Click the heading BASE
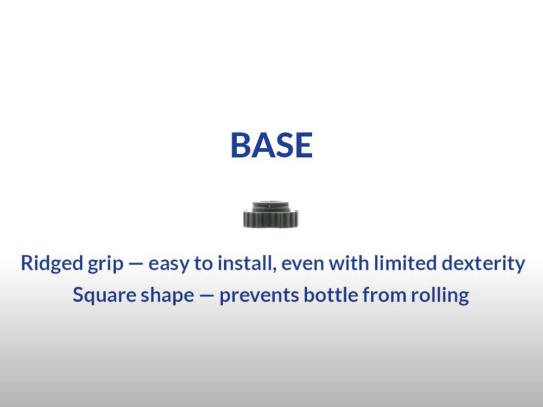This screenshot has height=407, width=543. pos(271,145)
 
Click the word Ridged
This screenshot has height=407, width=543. pos(52,264)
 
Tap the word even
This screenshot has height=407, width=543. pos(302,265)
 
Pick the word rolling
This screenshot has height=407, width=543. pos(440,296)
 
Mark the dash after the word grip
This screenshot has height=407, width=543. pos(136,265)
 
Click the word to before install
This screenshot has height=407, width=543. pos(203,264)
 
